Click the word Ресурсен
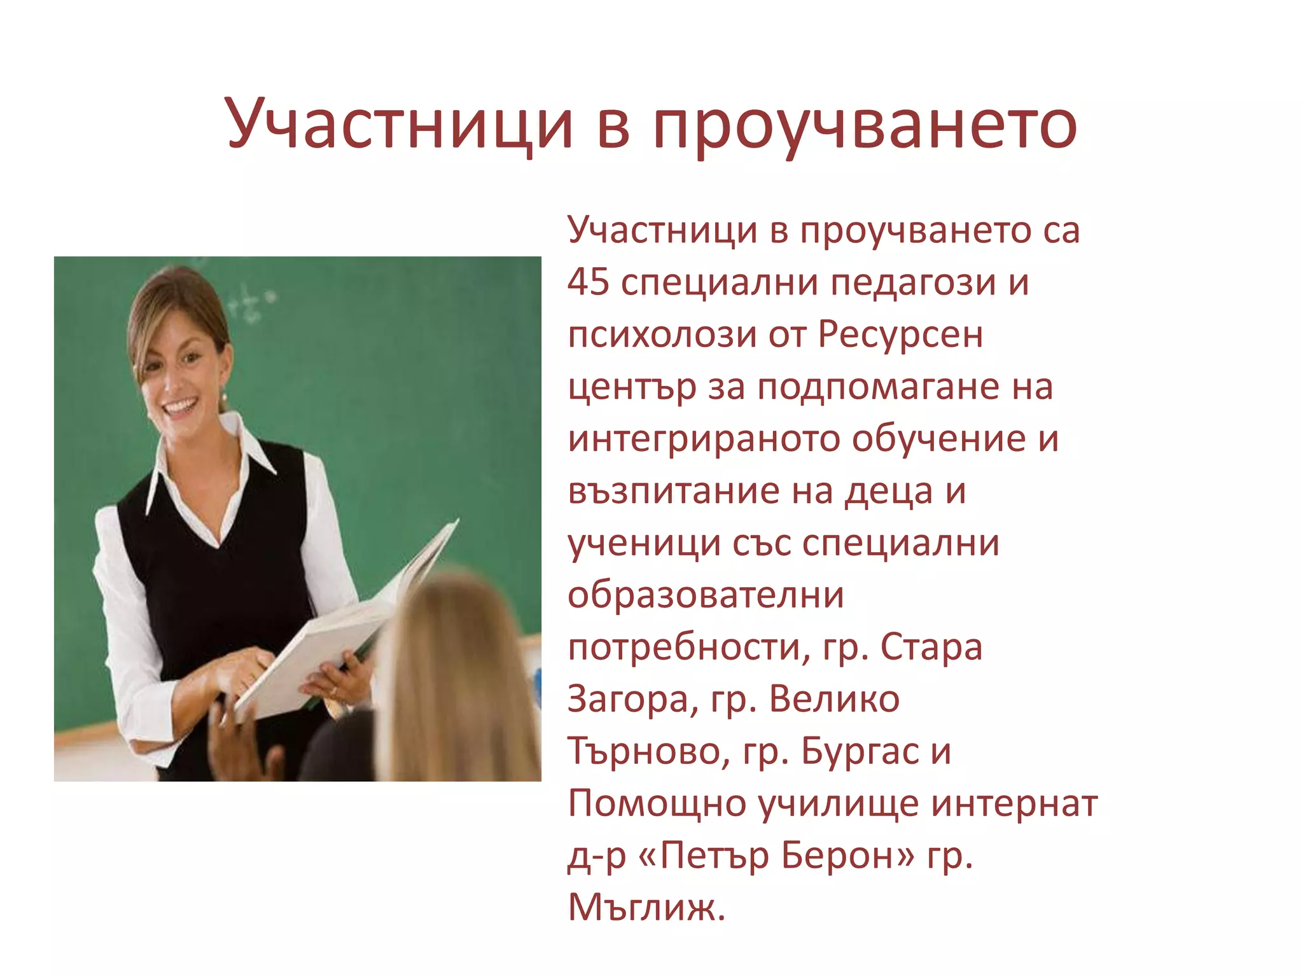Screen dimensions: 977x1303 pos(900,335)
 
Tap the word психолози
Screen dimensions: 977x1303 pos(662,335)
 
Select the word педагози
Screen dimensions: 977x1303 pos(914,283)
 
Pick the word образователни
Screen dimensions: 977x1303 pos(706,595)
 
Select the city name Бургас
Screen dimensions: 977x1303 pos(860,752)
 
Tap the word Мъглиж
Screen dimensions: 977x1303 pos(645,908)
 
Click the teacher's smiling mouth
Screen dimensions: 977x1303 pos(181,405)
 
